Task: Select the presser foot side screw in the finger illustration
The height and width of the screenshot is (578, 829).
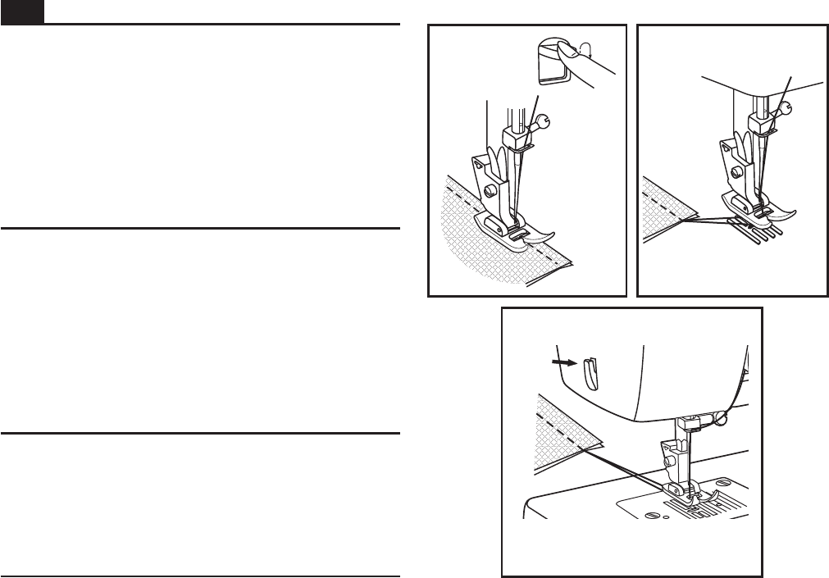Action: pos(490,190)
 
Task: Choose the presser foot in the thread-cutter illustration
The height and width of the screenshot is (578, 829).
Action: pos(685,493)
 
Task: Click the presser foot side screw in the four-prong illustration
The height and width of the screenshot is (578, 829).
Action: pos(739,171)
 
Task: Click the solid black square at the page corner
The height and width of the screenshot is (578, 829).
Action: pos(21,11)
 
